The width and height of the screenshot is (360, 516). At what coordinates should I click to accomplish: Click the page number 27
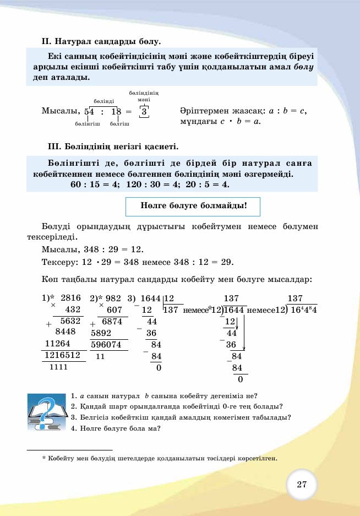302,485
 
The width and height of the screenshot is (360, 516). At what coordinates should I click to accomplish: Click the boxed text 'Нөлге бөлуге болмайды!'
193,207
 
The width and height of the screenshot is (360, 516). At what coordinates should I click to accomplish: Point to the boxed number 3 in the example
144,111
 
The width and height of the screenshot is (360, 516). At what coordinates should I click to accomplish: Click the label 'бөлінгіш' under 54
87,124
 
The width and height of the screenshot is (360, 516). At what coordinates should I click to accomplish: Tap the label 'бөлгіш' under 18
119,124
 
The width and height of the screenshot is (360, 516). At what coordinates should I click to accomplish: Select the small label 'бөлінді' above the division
103,101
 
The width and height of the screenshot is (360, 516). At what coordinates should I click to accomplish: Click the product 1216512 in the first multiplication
63,355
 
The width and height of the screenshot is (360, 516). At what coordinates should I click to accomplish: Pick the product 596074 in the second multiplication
109,345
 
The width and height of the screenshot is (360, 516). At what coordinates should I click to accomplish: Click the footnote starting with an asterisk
160,458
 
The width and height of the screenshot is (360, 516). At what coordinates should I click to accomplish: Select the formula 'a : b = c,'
283,111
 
